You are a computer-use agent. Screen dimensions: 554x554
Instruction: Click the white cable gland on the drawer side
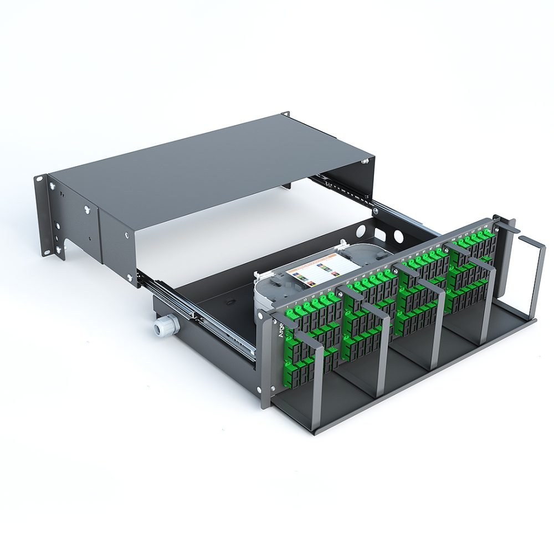[163, 330]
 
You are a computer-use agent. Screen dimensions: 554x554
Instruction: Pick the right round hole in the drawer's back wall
[397, 237]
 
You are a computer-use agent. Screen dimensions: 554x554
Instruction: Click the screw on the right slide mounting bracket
[376, 211]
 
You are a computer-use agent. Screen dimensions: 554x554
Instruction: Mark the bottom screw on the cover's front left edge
[131, 276]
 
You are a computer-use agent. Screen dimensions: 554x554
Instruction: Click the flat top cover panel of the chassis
[211, 166]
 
